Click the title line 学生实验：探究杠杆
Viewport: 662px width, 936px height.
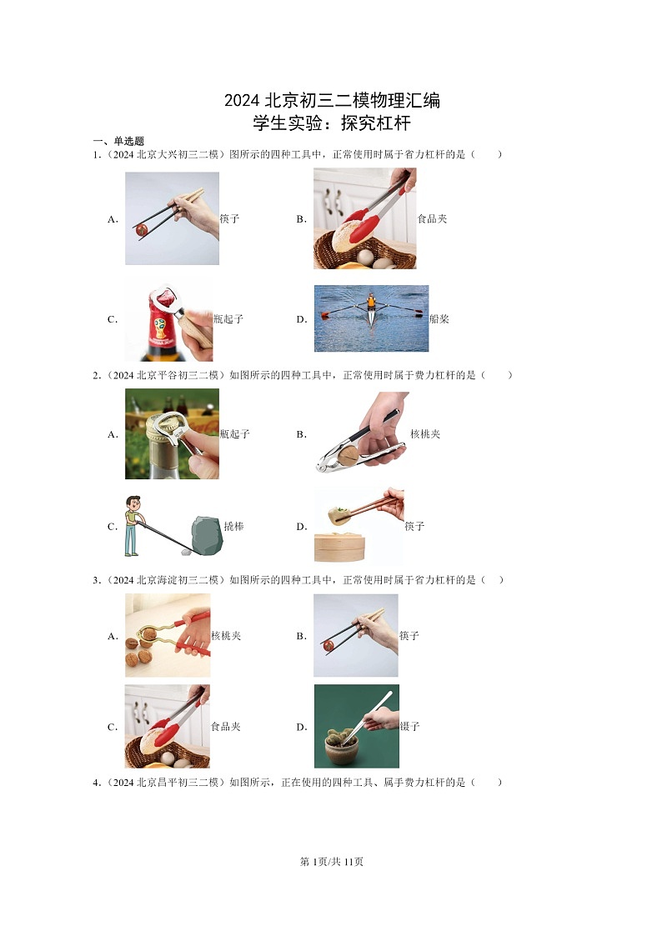[x=332, y=124]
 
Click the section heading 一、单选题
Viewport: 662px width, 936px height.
[x=118, y=141]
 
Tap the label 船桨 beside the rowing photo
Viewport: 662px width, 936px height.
[x=439, y=319]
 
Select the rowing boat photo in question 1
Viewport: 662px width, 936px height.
[x=371, y=318]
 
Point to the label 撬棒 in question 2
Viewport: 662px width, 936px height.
[x=233, y=527]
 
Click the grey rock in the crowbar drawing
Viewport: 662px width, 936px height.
[x=206, y=534]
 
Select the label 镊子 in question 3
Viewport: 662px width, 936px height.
[x=409, y=727]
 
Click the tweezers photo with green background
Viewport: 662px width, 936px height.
[x=356, y=726]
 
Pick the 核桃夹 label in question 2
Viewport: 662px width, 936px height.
[x=425, y=434]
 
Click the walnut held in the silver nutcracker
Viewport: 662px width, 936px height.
[x=351, y=453]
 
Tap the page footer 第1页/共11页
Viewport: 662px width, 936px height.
[x=331, y=862]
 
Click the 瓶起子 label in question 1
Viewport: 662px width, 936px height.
[x=228, y=319]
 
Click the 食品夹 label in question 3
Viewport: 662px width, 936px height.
[x=225, y=727]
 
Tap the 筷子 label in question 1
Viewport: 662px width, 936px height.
[x=229, y=219]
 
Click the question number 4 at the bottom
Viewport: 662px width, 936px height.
[x=96, y=783]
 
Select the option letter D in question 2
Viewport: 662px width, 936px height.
[x=301, y=527]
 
